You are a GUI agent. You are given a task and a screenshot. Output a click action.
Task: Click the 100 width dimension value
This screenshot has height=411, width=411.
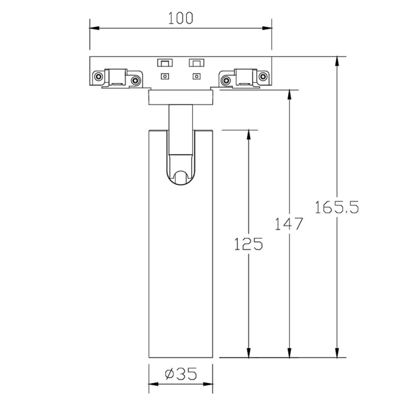click(x=180, y=18)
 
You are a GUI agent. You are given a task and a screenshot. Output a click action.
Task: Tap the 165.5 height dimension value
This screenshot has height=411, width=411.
click(x=337, y=207)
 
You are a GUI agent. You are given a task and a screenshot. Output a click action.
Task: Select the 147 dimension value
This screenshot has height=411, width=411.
click(x=289, y=224)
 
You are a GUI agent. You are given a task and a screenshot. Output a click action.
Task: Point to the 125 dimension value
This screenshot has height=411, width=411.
click(x=248, y=244)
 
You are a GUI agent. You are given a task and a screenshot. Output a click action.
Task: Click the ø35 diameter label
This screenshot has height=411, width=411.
click(x=181, y=374)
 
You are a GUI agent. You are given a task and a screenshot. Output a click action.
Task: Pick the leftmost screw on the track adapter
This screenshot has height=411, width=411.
click(x=98, y=76)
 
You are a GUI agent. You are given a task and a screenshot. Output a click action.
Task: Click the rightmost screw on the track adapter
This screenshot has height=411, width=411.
click(x=262, y=76)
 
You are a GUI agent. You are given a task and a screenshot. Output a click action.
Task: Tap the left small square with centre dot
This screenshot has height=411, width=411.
click(x=164, y=76)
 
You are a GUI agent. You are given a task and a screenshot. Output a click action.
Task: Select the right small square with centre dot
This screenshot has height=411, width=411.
click(x=196, y=76)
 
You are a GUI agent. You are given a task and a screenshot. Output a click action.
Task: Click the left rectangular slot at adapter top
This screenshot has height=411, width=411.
click(x=164, y=63)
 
